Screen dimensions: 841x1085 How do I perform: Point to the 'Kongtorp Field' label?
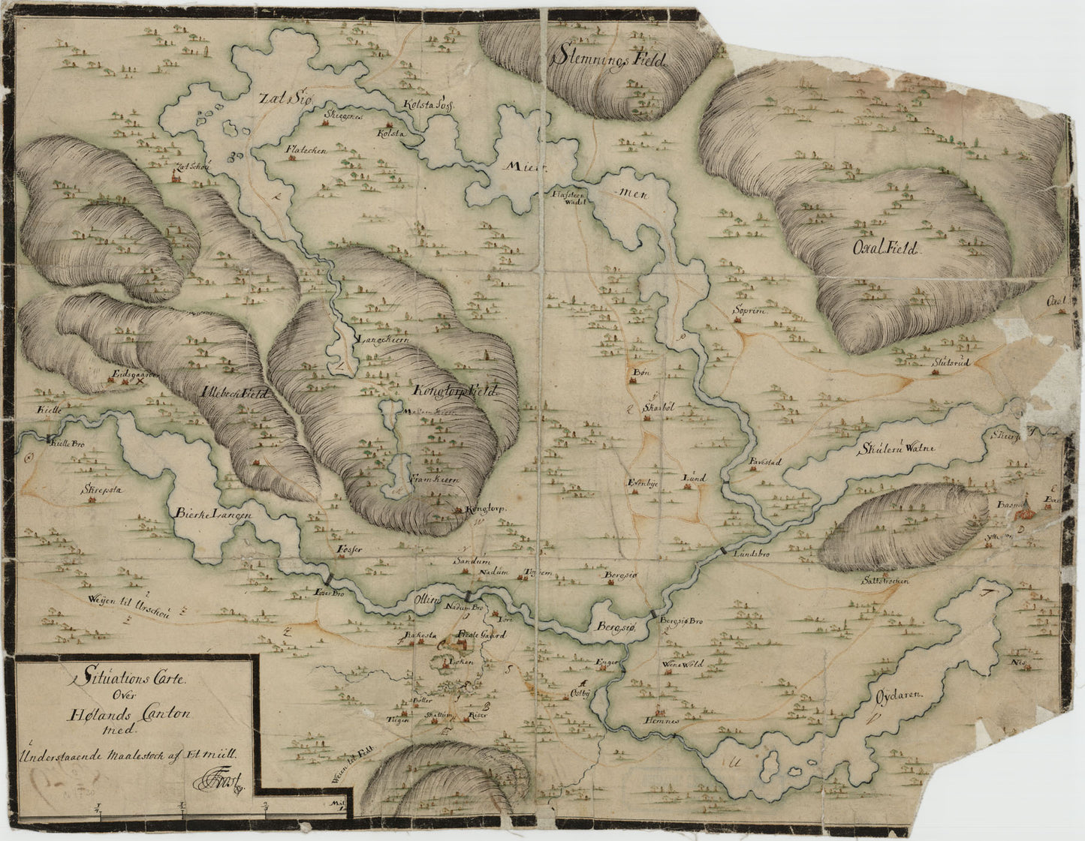coord(455,392)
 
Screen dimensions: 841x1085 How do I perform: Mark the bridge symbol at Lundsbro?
coord(722,551)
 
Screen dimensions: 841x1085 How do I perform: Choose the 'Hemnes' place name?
coord(660,720)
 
